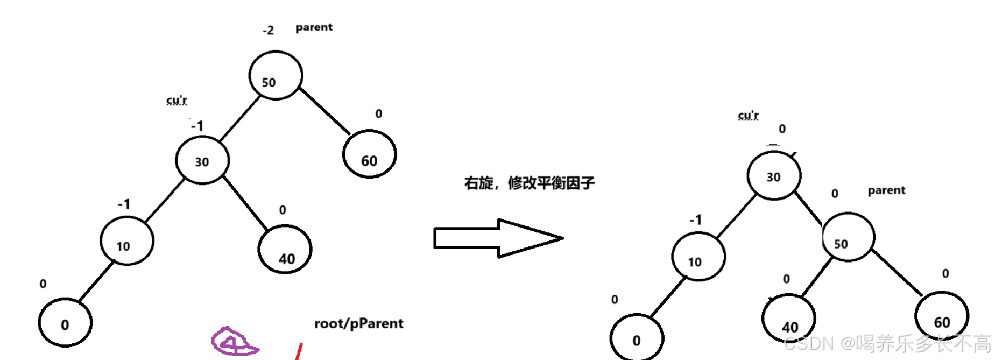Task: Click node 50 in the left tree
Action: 275,76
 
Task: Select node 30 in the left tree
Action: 202,160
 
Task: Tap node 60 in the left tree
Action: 369,154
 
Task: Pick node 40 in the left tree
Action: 285,249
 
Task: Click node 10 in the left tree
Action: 126,241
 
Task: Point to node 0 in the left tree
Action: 65,323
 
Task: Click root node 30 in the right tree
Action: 773,176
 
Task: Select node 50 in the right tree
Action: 848,237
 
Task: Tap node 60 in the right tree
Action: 942,317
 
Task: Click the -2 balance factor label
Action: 269,30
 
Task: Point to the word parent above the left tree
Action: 314,27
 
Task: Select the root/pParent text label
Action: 358,324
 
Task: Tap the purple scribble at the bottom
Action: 233,341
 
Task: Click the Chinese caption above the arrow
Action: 529,183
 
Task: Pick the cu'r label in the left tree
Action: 177,100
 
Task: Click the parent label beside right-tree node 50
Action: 886,191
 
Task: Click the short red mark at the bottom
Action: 299,352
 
